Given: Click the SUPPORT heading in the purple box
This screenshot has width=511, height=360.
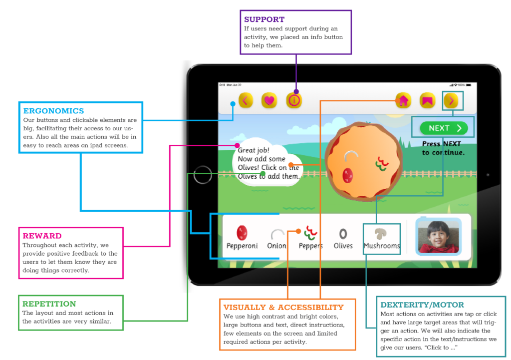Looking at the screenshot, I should (x=264, y=19).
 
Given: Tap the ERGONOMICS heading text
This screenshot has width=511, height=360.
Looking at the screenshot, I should (x=53, y=111).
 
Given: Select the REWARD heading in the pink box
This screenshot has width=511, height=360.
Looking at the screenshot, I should (x=42, y=236).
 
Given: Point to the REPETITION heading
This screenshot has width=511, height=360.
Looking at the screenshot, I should (x=49, y=304).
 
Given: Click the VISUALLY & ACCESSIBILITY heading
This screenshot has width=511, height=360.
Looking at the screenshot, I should (x=283, y=307).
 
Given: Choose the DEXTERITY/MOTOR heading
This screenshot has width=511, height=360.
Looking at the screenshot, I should (x=422, y=305).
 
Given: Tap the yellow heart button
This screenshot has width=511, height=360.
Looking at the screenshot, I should (x=269, y=100).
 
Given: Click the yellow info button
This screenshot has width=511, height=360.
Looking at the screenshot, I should (x=294, y=100).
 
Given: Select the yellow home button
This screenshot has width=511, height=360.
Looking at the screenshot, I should (x=403, y=100).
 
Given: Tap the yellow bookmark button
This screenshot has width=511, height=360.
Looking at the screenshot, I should (x=427, y=100).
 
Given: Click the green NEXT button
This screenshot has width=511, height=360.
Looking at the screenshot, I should (x=444, y=128).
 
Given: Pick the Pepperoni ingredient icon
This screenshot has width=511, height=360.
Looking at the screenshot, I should (x=242, y=232).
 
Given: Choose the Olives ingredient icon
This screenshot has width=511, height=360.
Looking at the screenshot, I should (x=343, y=233).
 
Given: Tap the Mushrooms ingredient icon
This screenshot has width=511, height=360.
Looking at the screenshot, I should (x=382, y=233).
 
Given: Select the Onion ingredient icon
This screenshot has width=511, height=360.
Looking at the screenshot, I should (x=276, y=234).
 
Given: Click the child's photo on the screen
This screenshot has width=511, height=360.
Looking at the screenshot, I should (x=438, y=237).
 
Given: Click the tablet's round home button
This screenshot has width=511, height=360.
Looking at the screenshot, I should (x=203, y=174).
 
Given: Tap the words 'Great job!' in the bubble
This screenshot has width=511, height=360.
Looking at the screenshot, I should (x=254, y=149).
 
